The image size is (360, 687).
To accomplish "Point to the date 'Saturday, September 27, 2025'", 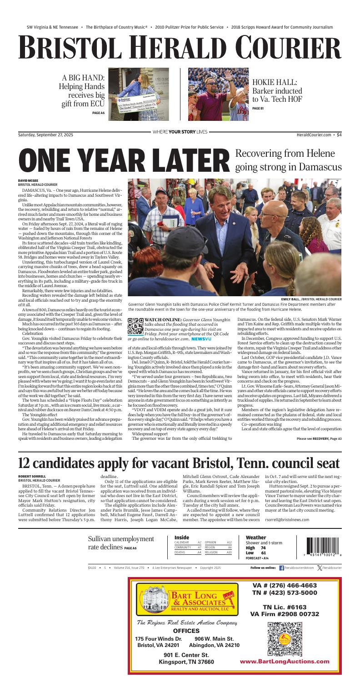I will click(x=45, y=134).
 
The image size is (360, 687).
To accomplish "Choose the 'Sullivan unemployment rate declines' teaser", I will click(x=121, y=543).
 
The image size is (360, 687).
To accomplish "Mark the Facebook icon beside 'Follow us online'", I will click(x=281, y=568).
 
